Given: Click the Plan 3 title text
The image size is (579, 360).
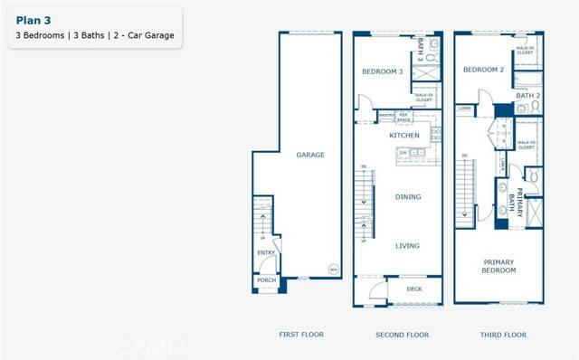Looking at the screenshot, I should pyautogui.click(x=32, y=17).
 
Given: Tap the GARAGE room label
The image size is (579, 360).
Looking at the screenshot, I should pyautogui.click(x=310, y=155).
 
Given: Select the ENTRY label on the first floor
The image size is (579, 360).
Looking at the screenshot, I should pyautogui.click(x=266, y=253).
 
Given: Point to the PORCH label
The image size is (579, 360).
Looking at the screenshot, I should pyautogui.click(x=266, y=280).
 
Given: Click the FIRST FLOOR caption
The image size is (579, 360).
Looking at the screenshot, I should pyautogui.click(x=301, y=335).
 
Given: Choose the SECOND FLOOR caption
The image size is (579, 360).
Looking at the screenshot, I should pyautogui.click(x=402, y=335).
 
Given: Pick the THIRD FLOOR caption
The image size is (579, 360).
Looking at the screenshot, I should pyautogui.click(x=502, y=335).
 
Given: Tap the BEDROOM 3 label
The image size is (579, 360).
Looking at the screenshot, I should pyautogui.click(x=382, y=71).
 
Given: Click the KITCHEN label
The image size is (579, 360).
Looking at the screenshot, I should pyautogui.click(x=404, y=135).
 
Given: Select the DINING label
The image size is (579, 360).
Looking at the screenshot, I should pyautogui.click(x=408, y=196).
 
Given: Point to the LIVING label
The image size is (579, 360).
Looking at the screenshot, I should pyautogui.click(x=408, y=244).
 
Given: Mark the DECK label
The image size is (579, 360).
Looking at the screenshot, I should pyautogui.click(x=414, y=289).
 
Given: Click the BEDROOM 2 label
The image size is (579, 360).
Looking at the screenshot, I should pyautogui.click(x=483, y=70).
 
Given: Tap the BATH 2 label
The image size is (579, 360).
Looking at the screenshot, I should pyautogui.click(x=527, y=95).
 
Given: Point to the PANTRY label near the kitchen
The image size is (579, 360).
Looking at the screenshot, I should pyautogui.click(x=384, y=115).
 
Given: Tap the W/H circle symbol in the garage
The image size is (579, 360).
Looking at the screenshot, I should pyautogui.click(x=332, y=270).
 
